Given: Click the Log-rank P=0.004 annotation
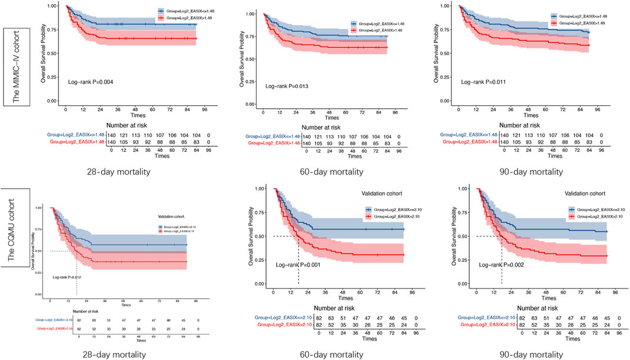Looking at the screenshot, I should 89,82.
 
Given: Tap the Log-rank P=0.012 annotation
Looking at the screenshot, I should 67,277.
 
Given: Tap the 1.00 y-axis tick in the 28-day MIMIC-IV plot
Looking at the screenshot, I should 52,6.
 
